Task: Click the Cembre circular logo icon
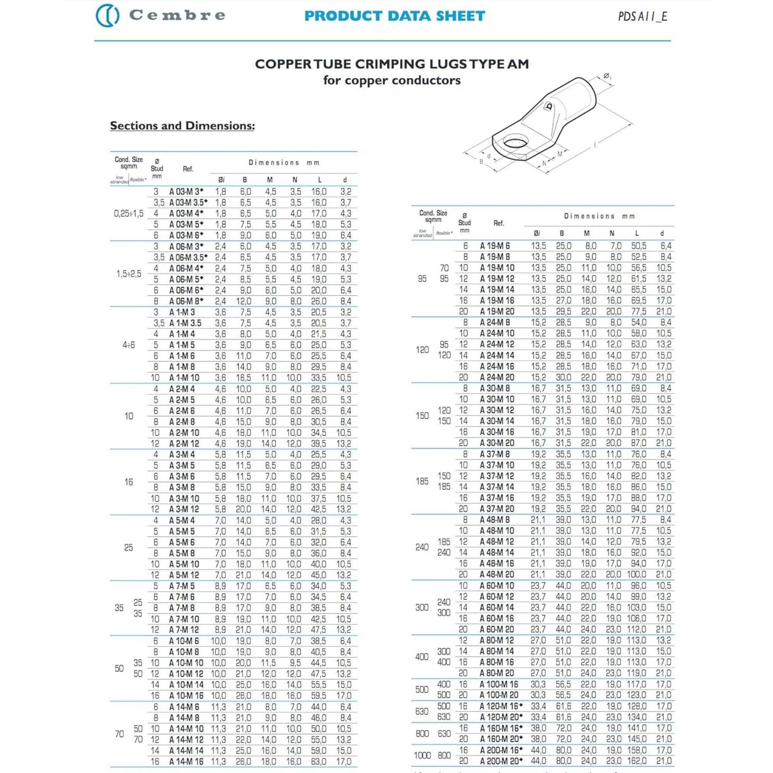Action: pyautogui.click(x=107, y=15)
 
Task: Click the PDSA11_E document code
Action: pyautogui.click(x=643, y=16)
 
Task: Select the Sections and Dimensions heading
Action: pyautogui.click(x=182, y=126)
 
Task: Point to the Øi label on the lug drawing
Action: pyautogui.click(x=608, y=76)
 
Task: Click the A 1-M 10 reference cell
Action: pyautogui.click(x=184, y=378)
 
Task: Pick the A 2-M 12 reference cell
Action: pyautogui.click(x=184, y=444)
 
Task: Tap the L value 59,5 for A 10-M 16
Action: pyautogui.click(x=318, y=696)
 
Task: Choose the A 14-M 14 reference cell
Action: pyautogui.click(x=186, y=751)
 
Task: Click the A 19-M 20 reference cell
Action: pyautogui.click(x=497, y=312)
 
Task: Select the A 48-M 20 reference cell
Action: pyautogui.click(x=497, y=575)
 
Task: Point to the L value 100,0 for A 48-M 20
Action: pyautogui.click(x=637, y=575)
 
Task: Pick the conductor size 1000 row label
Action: pyautogui.click(x=422, y=755)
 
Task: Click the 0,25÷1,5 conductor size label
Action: pyautogui.click(x=128, y=214)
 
